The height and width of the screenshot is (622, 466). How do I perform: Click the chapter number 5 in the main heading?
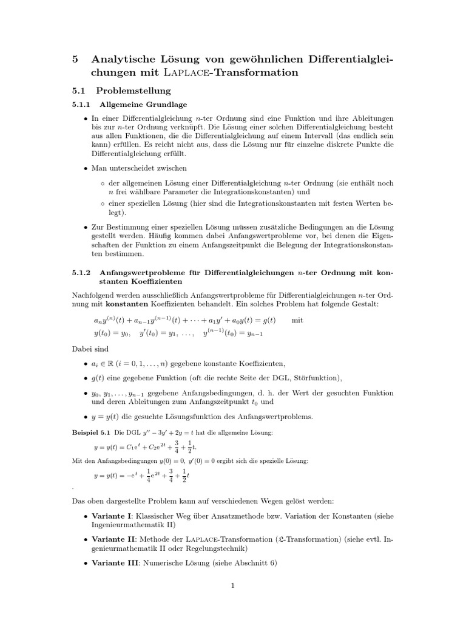(x=76, y=59)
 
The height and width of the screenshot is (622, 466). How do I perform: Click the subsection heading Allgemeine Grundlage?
(x=143, y=104)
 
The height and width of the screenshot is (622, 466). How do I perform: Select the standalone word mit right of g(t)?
(x=297, y=320)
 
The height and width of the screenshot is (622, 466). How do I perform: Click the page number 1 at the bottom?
(x=232, y=586)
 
